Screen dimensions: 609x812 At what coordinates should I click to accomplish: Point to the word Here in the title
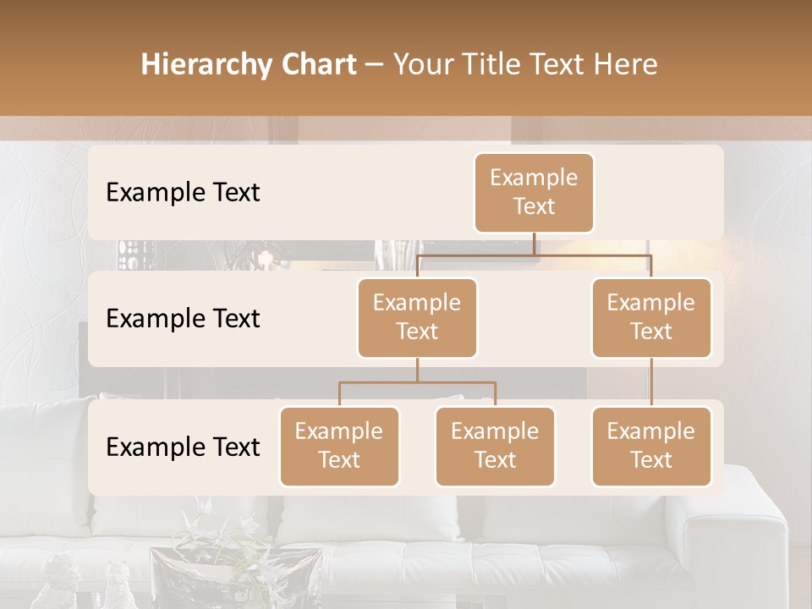click(624, 65)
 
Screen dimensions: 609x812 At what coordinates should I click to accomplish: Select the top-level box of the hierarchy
click(534, 193)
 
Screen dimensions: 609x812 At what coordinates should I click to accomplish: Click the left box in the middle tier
click(417, 318)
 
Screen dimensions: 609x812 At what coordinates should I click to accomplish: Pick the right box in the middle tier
click(651, 318)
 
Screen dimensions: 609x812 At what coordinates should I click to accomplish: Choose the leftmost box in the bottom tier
click(339, 447)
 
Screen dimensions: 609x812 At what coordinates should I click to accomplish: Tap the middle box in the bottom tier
click(495, 447)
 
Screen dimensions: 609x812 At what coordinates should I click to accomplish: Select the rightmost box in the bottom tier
click(651, 447)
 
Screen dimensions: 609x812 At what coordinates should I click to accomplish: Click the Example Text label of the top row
click(183, 193)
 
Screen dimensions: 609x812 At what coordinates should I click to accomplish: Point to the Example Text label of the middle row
click(183, 319)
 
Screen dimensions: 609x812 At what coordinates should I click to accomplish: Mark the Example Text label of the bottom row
click(183, 447)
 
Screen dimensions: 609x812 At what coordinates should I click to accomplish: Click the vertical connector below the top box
click(534, 244)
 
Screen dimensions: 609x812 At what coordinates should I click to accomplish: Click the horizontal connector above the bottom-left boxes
click(417, 382)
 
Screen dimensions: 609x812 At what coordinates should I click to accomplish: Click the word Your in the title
click(420, 65)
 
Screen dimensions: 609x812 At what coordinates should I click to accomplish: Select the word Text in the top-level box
click(534, 207)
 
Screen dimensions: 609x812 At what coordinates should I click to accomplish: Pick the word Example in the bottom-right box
click(651, 432)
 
